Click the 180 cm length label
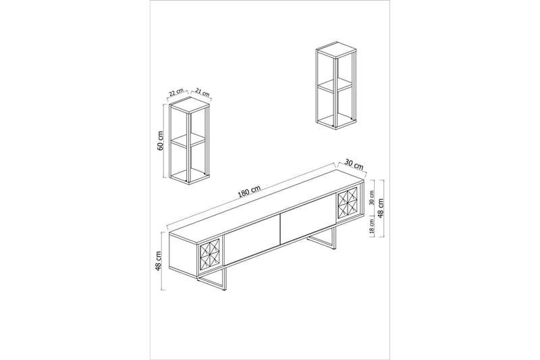pos(250,192)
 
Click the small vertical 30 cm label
pos(372,197)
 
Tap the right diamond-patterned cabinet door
pos(348,203)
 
